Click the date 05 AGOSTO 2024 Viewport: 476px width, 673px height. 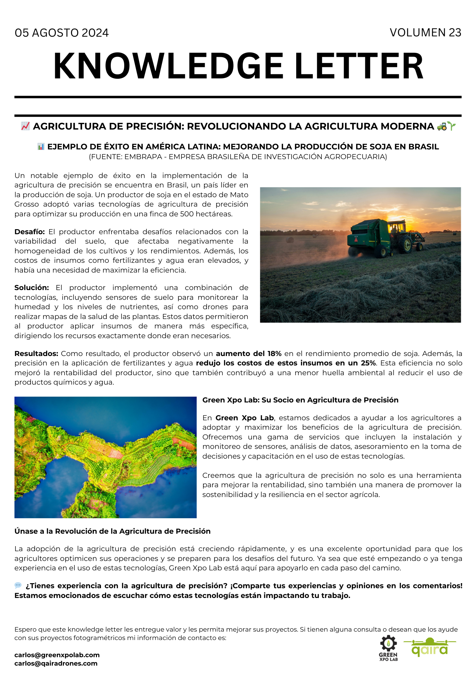62,33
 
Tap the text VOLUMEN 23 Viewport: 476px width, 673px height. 425,33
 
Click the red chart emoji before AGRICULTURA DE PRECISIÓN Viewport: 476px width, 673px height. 25,126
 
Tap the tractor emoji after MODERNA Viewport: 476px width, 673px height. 442,127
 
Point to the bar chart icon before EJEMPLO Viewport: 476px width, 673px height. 41,147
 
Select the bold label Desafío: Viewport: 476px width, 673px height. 30,232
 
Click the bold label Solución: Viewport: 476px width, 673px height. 32,288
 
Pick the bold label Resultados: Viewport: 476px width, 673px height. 36,354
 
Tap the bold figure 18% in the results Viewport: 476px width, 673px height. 274,354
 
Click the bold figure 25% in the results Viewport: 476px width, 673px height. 368,363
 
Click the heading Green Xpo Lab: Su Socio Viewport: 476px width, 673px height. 300,400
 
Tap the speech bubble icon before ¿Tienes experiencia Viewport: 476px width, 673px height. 18,586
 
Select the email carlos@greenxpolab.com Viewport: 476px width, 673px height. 57,655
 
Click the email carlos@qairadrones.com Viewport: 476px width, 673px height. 56,663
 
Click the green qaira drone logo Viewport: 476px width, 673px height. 430,647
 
